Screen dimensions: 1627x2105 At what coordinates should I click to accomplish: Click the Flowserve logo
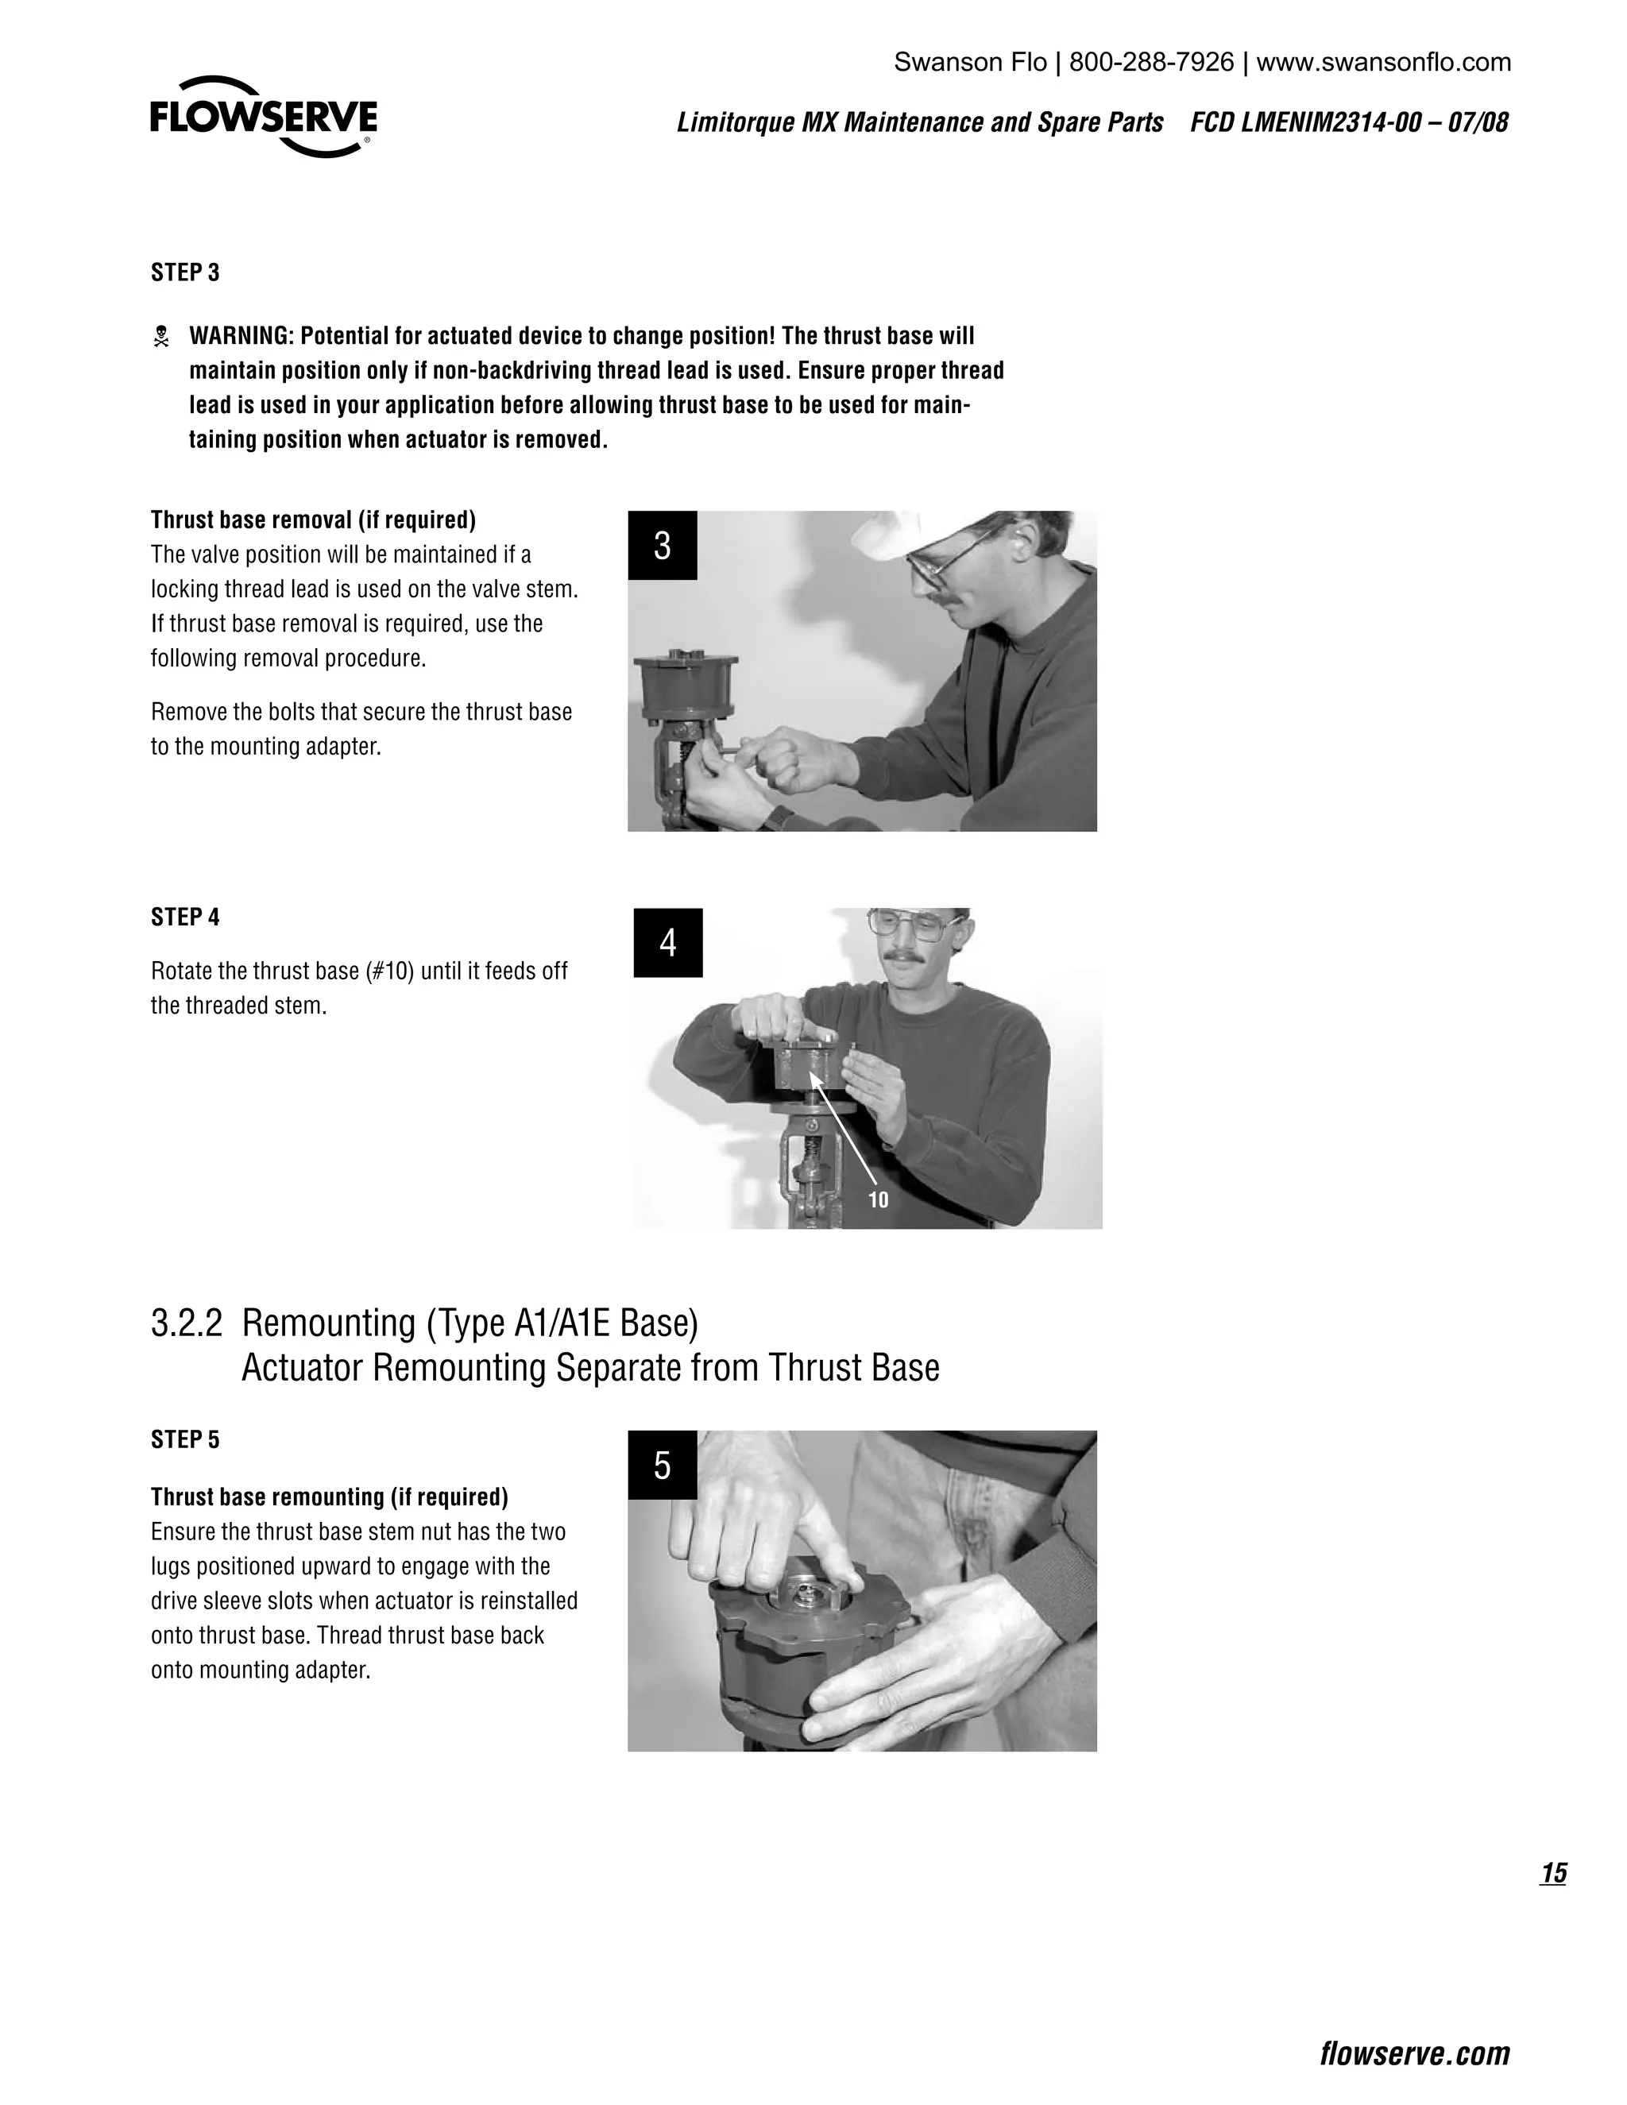263,117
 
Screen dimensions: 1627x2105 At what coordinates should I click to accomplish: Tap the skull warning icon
162,336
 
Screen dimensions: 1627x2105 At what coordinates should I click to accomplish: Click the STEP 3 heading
185,272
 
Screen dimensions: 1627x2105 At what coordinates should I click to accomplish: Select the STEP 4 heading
185,917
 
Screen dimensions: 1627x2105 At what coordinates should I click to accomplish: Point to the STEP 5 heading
185,1439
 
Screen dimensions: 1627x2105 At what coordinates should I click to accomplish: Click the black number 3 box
663,546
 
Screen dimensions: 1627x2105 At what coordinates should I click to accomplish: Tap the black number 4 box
668,943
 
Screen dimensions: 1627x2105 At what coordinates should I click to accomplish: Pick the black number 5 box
663,1465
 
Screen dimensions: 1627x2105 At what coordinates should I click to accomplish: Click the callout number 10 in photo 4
878,1200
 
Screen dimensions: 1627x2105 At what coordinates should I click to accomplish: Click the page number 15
1554,1873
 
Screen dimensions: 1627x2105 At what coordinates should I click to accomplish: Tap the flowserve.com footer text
1415,2054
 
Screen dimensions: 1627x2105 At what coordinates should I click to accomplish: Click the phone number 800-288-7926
1152,63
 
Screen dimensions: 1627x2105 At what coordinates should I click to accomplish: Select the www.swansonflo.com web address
1384,63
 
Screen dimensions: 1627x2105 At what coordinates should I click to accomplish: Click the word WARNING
241,336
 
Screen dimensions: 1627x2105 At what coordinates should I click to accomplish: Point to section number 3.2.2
186,1323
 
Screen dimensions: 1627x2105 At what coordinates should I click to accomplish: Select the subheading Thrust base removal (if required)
313,520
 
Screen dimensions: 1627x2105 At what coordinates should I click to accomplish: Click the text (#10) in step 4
389,971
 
